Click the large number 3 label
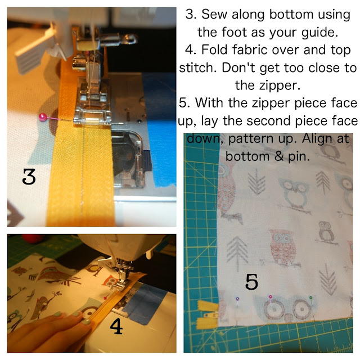29,178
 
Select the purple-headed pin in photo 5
237,299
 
